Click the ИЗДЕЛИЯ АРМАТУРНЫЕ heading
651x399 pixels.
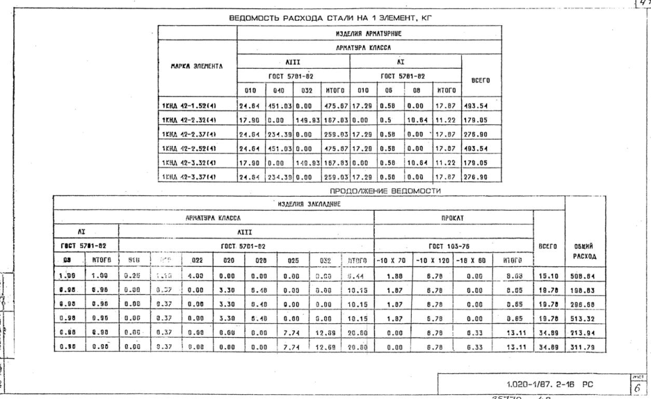(369, 33)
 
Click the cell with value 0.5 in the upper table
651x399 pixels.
(389, 119)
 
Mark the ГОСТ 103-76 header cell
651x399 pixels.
(453, 245)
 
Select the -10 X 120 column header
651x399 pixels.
(432, 259)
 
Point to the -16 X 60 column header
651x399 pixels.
(472, 259)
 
